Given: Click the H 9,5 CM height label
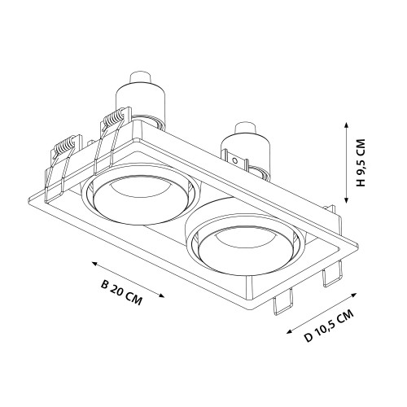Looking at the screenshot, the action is [x=361, y=163].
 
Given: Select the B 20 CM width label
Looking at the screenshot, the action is [x=121, y=293].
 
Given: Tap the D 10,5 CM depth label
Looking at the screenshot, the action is [x=329, y=326].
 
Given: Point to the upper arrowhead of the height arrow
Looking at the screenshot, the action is [x=346, y=125].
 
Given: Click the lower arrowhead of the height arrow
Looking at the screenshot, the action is [x=346, y=199].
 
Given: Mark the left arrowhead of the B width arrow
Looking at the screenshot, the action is [x=94, y=263].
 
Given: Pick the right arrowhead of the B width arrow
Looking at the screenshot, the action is [x=161, y=295].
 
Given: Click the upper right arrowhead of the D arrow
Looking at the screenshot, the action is [x=353, y=295].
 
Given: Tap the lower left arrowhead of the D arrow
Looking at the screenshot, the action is [x=290, y=331].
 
